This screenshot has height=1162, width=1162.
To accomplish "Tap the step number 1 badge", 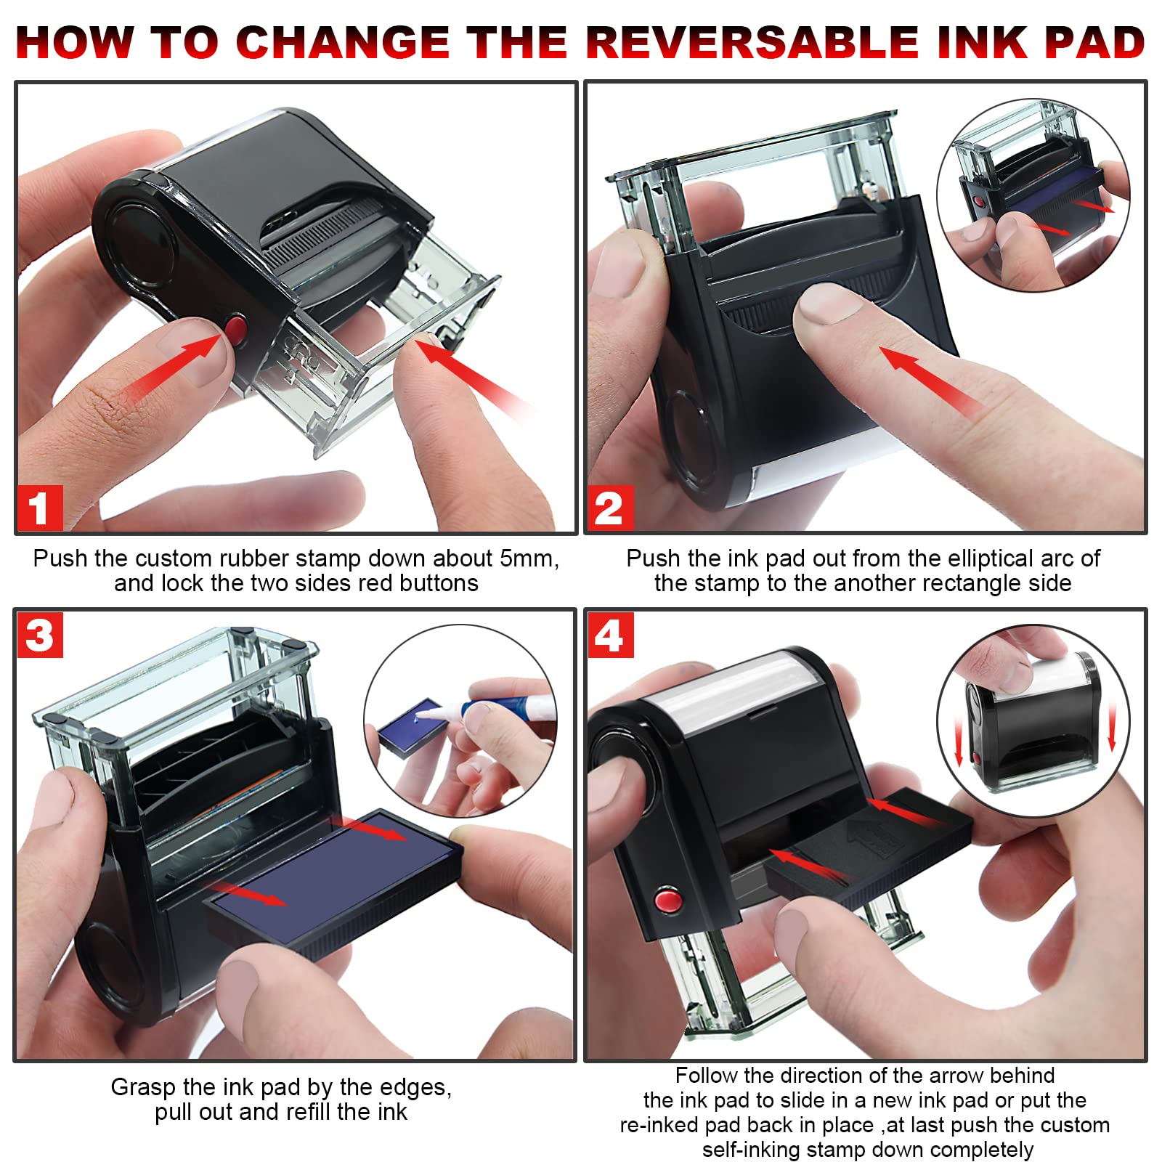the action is click(39, 508).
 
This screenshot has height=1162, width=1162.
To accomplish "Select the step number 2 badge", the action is click(610, 508).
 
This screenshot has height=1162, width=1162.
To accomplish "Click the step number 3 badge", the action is click(40, 635).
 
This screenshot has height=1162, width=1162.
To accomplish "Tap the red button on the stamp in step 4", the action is click(667, 901).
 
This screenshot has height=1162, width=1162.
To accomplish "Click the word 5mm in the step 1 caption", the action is click(529, 558).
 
